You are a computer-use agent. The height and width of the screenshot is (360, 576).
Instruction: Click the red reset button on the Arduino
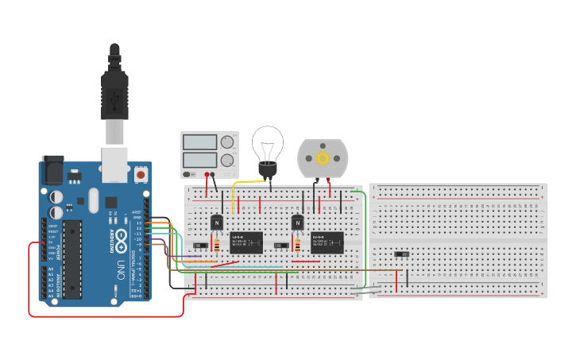141,173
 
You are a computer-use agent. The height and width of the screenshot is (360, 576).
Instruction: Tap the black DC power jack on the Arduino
52,168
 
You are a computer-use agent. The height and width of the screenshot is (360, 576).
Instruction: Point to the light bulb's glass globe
267,145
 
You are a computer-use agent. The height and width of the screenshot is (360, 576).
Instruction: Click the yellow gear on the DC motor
323,157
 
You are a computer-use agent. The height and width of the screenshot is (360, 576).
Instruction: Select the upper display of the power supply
200,142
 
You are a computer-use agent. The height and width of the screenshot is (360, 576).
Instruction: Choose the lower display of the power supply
200,159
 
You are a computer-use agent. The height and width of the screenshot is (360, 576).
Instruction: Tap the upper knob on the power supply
227,142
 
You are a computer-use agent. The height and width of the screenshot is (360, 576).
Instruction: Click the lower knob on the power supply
227,160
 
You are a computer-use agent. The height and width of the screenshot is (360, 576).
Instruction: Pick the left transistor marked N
216,223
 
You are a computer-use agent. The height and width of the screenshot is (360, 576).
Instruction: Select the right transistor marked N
298,223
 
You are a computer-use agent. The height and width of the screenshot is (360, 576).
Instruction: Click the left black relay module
246,242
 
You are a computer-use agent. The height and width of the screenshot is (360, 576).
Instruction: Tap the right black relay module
327,242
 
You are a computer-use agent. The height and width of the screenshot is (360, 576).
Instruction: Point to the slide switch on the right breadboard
403,254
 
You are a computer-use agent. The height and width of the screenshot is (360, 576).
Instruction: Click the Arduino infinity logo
122,236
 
